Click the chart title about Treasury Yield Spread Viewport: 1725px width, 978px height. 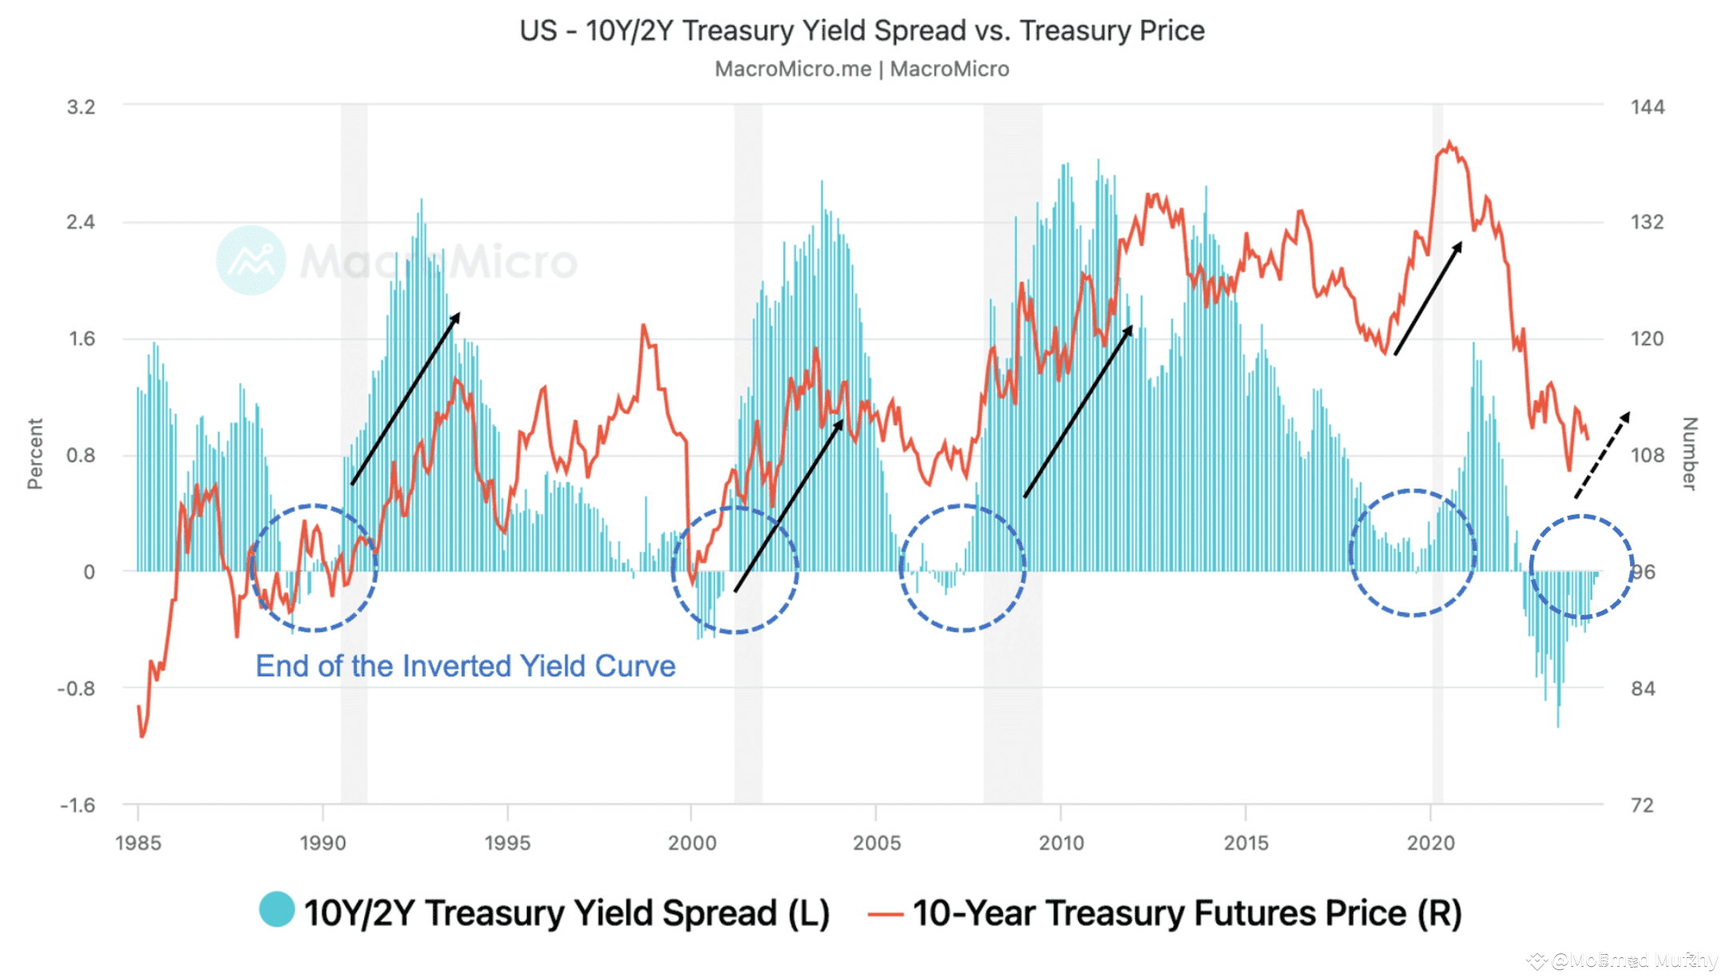[x=862, y=30]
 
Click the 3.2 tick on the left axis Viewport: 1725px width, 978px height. [x=81, y=107]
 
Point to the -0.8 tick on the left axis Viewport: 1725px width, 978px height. [x=76, y=688]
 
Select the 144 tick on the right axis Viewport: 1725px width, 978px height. [x=1648, y=107]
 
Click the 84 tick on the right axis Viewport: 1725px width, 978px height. [x=1643, y=688]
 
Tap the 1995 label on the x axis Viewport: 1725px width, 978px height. [x=507, y=843]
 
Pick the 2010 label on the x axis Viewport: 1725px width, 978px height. [x=1061, y=843]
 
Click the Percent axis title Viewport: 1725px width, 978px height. [x=35, y=453]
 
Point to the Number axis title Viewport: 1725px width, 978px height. [x=1690, y=453]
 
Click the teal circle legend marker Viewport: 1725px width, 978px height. [x=277, y=909]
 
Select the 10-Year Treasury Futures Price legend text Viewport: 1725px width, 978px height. [x=1187, y=913]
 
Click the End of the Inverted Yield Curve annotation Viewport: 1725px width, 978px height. [x=466, y=666]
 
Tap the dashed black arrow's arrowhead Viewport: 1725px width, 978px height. [x=1626, y=416]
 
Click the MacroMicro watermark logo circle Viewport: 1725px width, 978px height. [x=251, y=260]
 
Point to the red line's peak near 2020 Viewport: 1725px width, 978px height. [x=1450, y=144]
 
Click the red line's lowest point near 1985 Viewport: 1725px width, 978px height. [x=142, y=735]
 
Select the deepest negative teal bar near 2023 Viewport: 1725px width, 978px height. [x=1558, y=725]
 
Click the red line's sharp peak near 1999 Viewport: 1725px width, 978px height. [x=644, y=325]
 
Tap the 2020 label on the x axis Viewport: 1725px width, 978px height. [x=1430, y=843]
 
